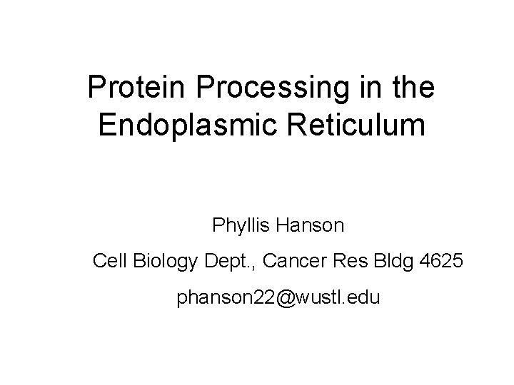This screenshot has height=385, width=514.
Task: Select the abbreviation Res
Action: click(x=346, y=262)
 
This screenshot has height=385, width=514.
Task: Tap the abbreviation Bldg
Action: click(x=388, y=262)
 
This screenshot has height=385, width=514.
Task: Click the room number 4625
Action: click(x=440, y=262)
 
